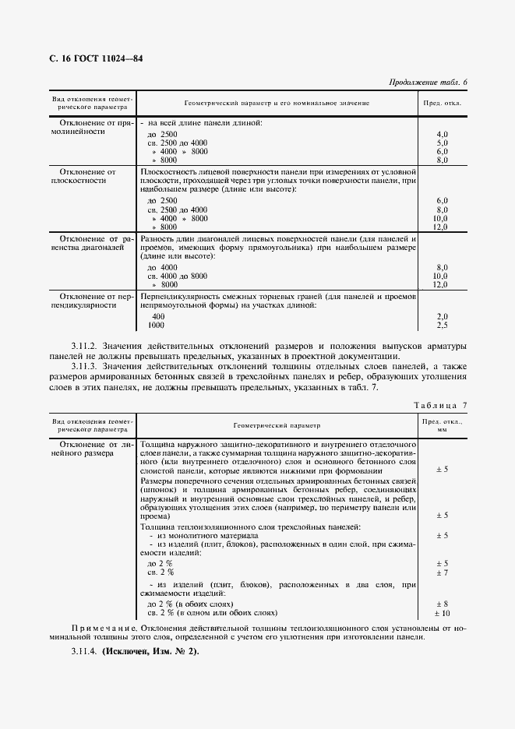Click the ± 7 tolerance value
click(x=442, y=572)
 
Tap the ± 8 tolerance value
click(x=442, y=604)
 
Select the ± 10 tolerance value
click(x=442, y=613)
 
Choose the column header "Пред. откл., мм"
click(x=442, y=424)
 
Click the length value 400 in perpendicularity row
click(x=158, y=316)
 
